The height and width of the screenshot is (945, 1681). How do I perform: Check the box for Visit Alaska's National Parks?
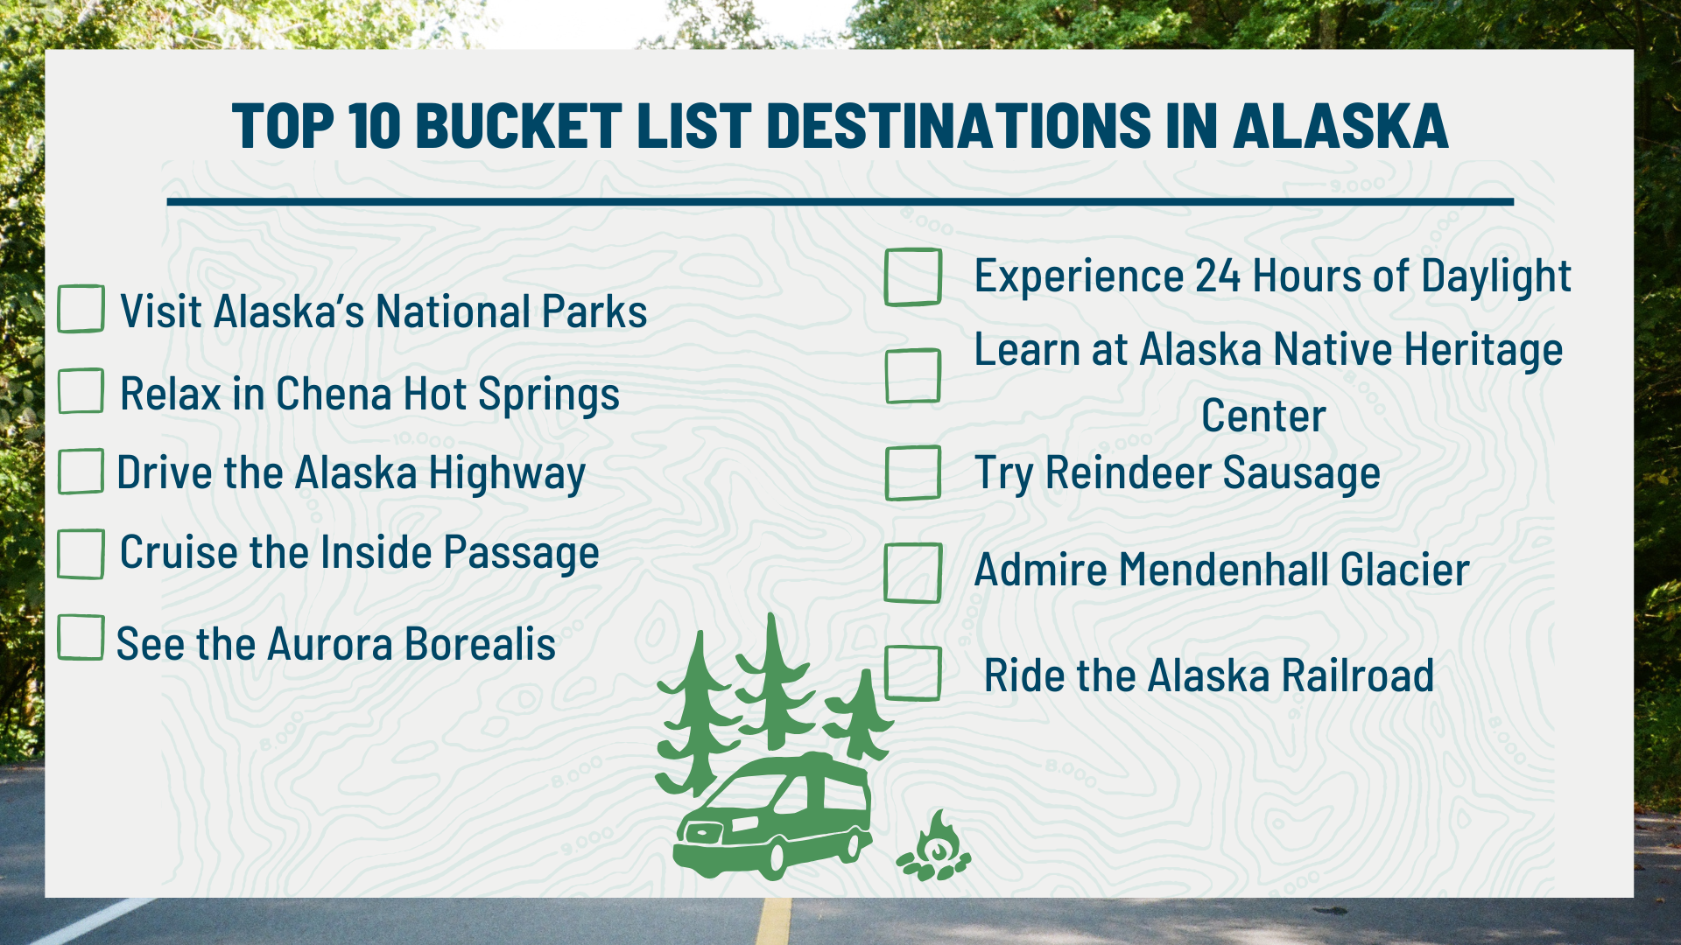(x=81, y=309)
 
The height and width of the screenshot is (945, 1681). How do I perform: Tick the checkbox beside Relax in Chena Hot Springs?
(x=81, y=390)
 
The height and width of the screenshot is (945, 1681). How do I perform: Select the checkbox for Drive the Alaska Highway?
(x=81, y=472)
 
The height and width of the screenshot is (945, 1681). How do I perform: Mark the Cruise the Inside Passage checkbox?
(x=81, y=553)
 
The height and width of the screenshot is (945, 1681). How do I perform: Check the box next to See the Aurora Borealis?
(x=81, y=637)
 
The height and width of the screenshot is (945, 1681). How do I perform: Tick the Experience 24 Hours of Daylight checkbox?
(x=913, y=277)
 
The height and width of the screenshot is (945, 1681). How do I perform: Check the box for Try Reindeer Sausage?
(x=913, y=472)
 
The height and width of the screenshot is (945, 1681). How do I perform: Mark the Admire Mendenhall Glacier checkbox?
(x=913, y=573)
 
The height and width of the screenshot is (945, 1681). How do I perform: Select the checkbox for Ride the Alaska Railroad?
(x=913, y=673)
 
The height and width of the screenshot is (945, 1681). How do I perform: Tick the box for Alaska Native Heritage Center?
(x=913, y=376)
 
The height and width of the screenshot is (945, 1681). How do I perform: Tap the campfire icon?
(x=935, y=848)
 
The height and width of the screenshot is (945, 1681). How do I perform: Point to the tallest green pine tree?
(x=773, y=682)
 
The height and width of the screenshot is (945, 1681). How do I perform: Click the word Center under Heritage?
(x=1263, y=416)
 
